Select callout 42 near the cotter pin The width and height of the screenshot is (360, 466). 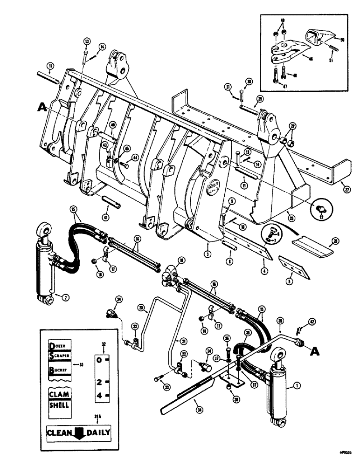pyautogui.click(x=311, y=321)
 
